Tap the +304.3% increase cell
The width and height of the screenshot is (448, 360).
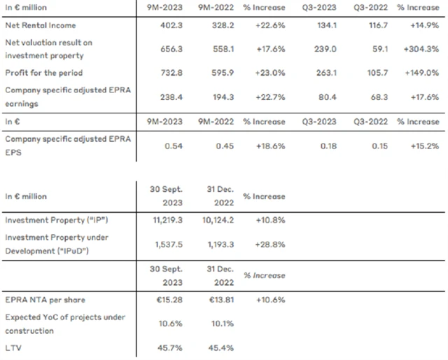click(421, 50)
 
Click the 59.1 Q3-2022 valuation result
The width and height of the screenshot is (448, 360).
click(378, 50)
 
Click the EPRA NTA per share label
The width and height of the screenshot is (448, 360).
click(44, 300)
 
